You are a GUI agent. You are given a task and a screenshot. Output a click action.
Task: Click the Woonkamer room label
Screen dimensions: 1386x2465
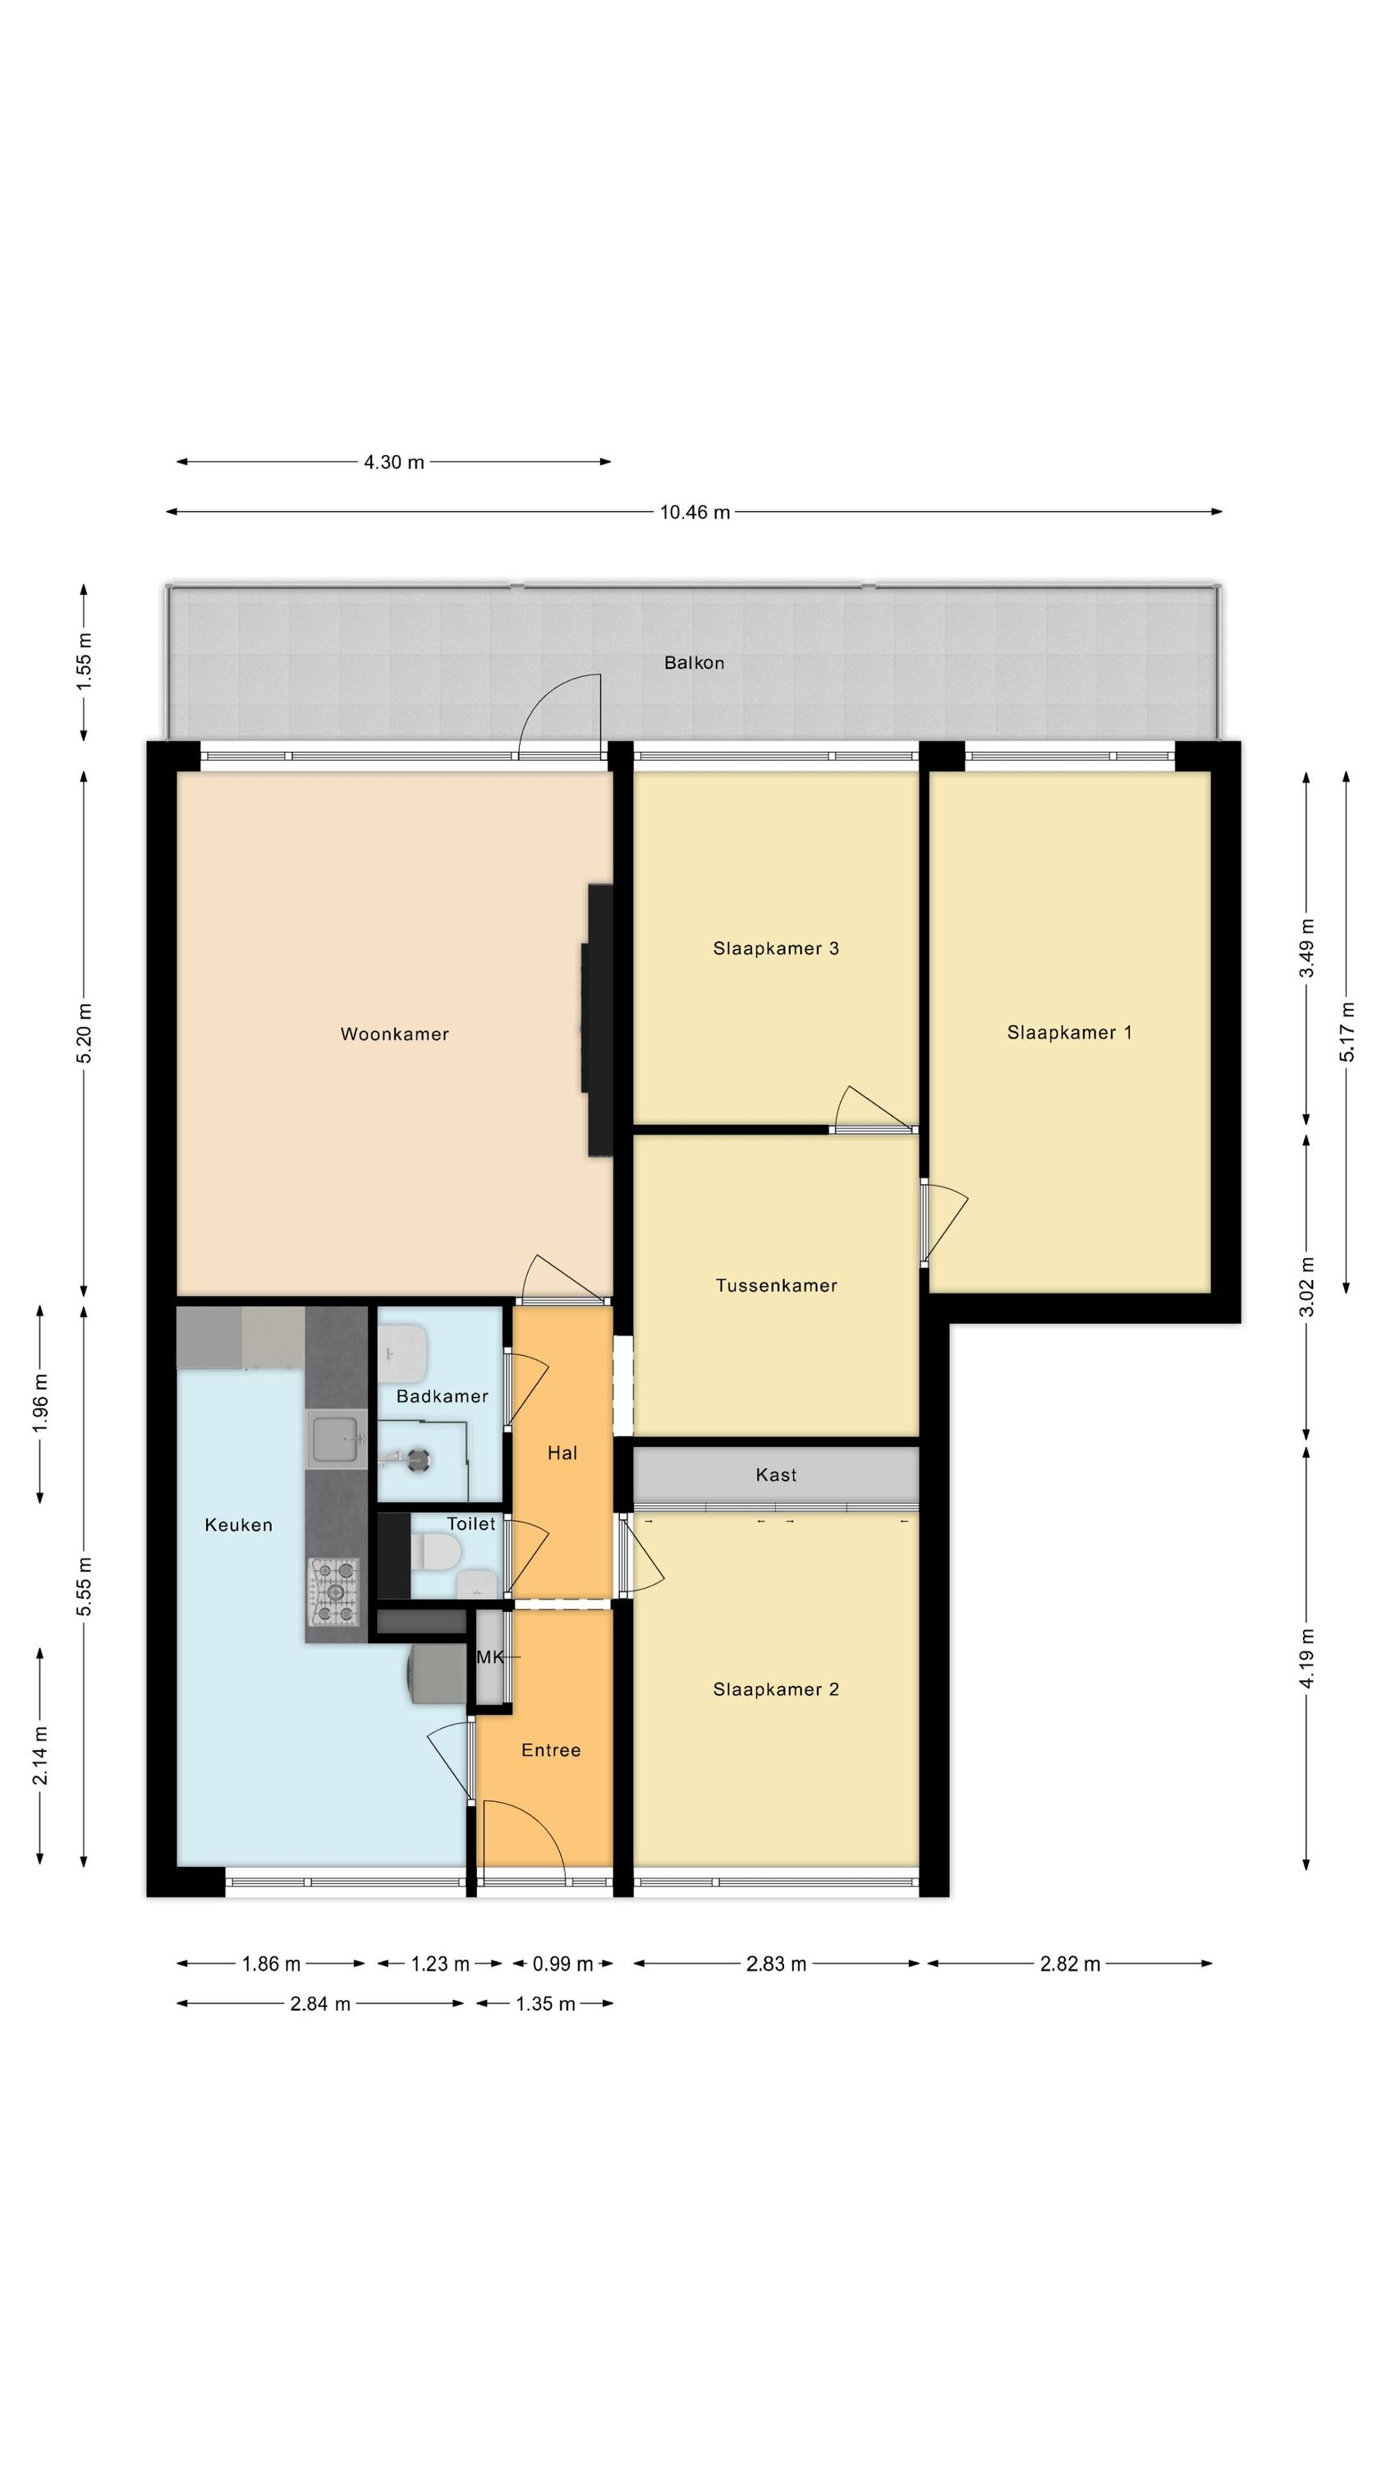click(394, 1034)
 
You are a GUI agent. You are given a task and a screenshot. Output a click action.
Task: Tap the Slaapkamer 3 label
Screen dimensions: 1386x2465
click(776, 948)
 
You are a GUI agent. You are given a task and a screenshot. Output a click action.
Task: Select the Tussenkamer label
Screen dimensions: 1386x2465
click(776, 1285)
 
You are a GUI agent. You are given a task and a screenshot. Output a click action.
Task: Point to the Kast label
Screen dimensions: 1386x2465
click(776, 1475)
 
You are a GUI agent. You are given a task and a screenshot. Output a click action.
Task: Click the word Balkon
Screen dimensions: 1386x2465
click(695, 662)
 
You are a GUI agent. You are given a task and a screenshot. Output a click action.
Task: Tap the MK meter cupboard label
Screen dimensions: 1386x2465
click(489, 1657)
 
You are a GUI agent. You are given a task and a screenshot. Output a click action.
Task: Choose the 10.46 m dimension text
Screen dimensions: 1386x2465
click(695, 512)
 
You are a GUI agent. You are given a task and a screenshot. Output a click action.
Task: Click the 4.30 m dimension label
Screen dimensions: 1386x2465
click(394, 462)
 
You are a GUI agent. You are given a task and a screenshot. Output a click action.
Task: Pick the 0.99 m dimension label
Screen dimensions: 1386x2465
click(562, 1964)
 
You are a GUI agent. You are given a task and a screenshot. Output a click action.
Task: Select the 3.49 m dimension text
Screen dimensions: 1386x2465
click(1306, 947)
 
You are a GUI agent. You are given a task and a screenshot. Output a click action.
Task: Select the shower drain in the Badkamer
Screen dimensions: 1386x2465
click(418, 1459)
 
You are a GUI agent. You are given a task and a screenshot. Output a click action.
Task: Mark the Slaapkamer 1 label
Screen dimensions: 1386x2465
click(1069, 1033)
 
